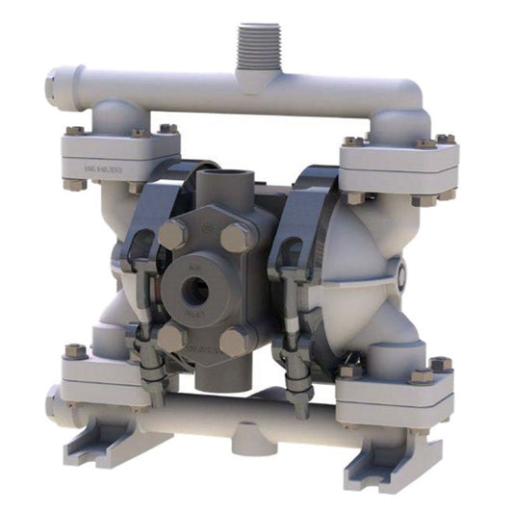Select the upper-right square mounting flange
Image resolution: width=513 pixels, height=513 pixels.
398,164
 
